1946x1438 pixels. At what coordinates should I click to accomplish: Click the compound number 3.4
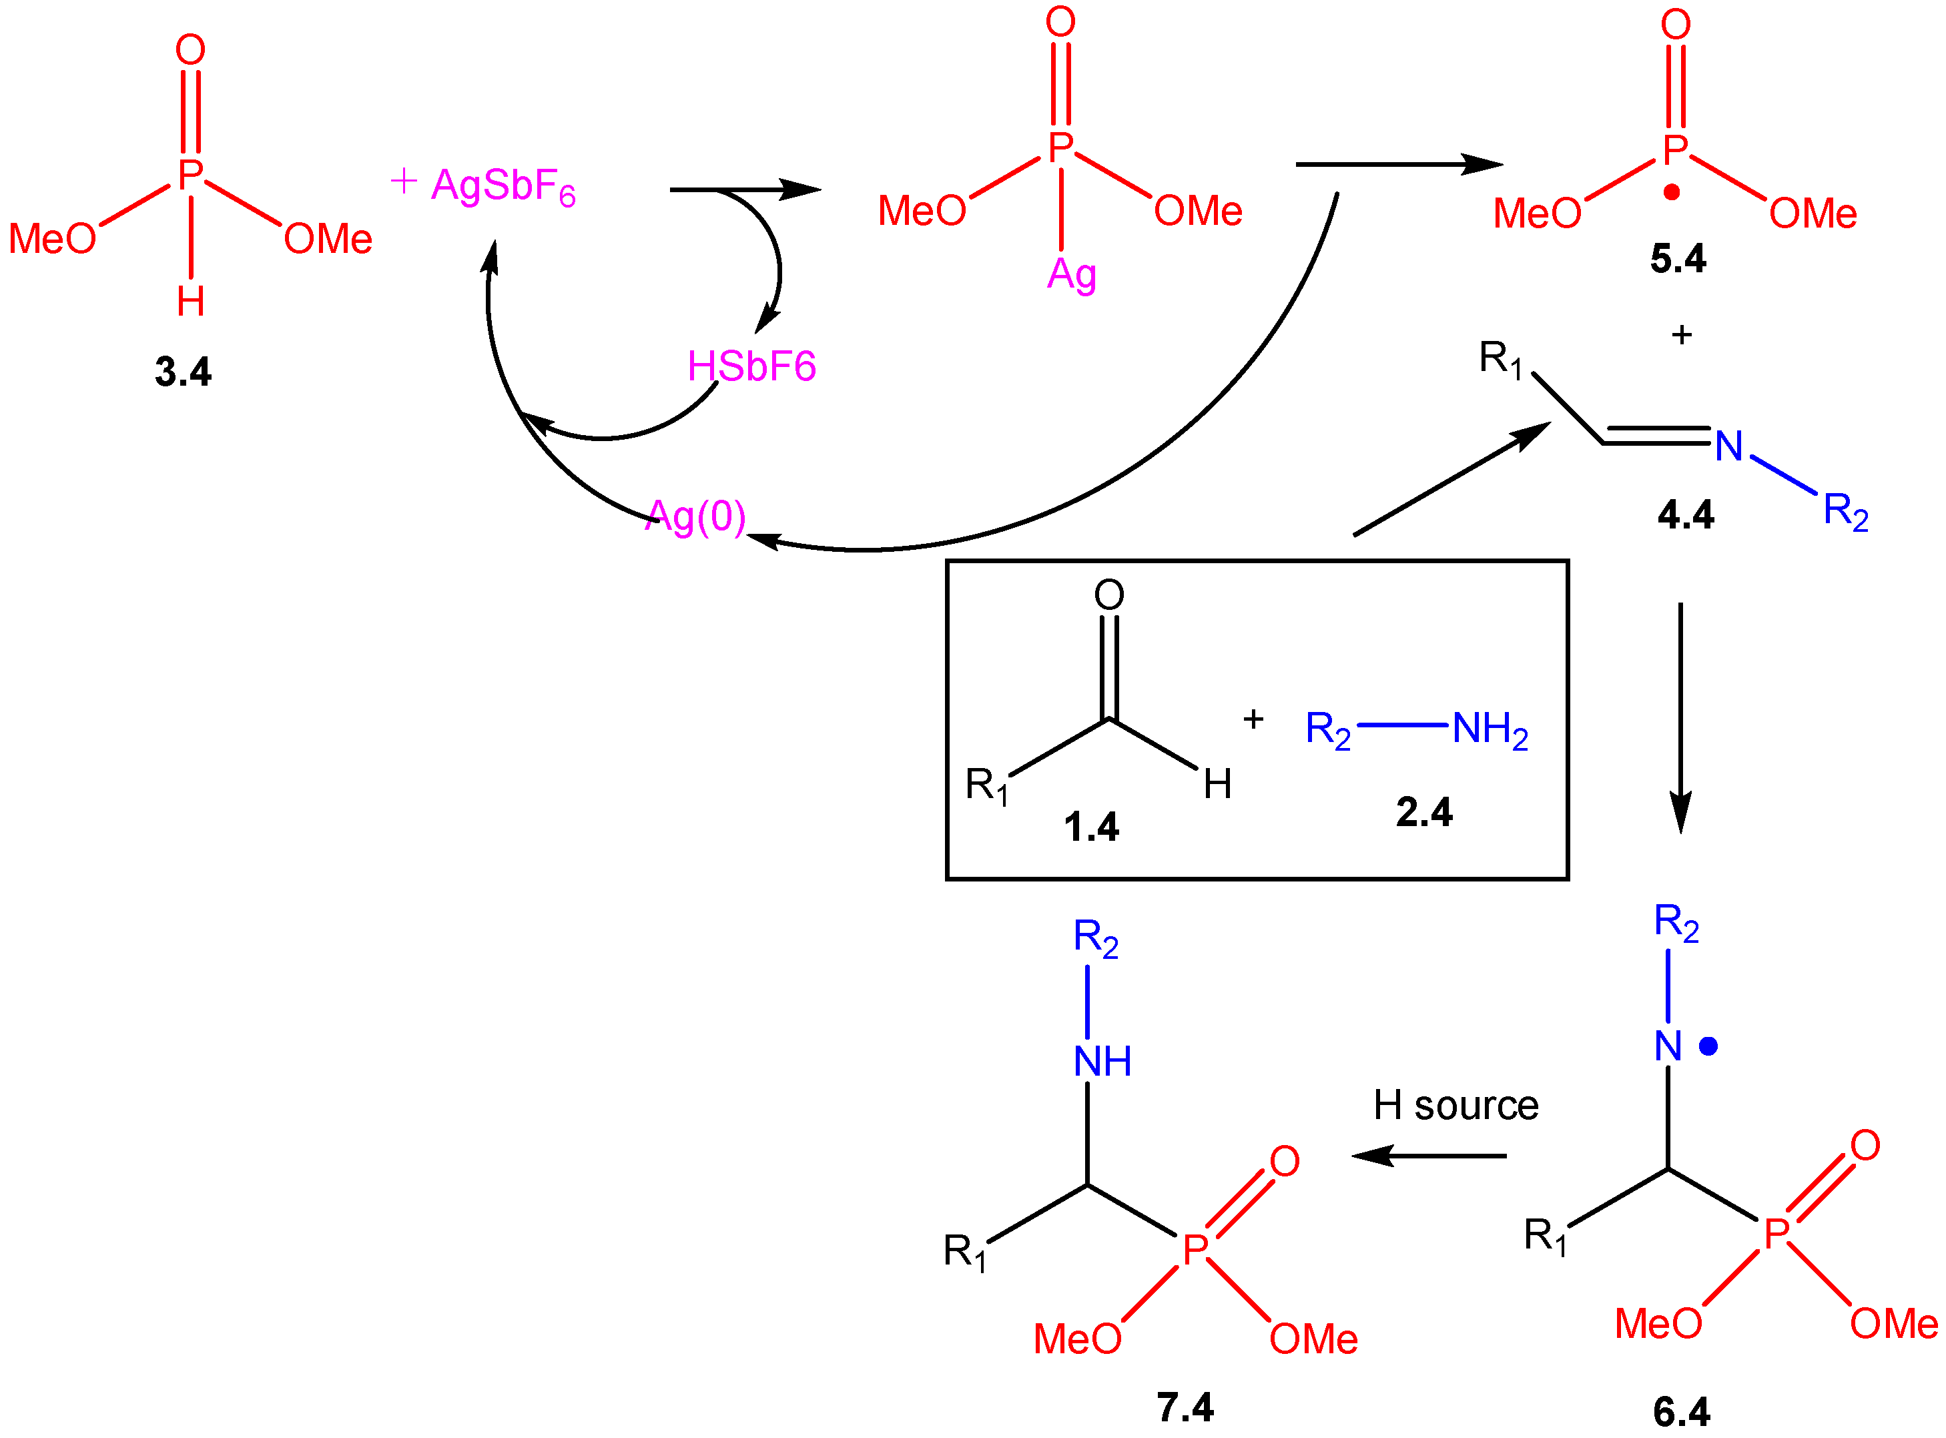click(183, 372)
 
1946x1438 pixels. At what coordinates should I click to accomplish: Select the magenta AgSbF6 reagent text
click(503, 186)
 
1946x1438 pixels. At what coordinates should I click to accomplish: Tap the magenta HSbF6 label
click(751, 366)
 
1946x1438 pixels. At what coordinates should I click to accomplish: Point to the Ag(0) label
click(695, 517)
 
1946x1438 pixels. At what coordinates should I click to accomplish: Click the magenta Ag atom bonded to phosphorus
click(1071, 275)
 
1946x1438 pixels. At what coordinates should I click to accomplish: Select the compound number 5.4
click(1678, 258)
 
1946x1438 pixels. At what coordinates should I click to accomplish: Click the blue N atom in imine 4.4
click(1728, 446)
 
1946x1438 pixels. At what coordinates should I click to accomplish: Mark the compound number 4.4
click(1685, 514)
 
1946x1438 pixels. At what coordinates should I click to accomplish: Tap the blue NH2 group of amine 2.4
click(1490, 729)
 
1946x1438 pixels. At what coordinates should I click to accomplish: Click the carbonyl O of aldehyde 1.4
click(1108, 595)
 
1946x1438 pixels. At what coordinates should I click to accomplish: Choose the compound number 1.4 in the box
click(1090, 826)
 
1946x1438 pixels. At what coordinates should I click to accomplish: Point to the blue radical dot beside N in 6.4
click(1708, 1046)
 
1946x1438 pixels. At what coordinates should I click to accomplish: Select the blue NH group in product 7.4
click(1102, 1061)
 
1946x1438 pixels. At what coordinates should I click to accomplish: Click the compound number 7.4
click(1185, 1407)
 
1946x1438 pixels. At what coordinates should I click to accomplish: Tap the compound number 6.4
click(1682, 1412)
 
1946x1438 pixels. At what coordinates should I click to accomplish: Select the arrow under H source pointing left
click(1428, 1156)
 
